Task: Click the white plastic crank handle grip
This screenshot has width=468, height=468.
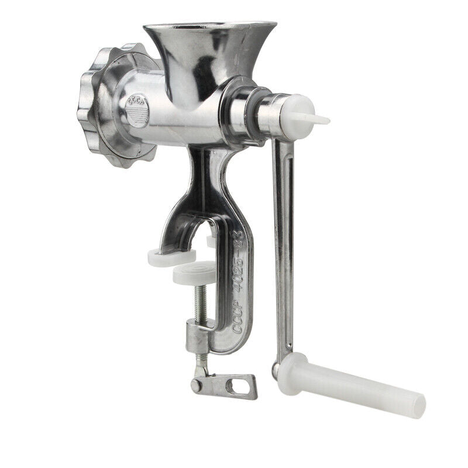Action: click(x=357, y=387)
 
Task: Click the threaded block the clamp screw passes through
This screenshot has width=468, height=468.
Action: click(x=197, y=339)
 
